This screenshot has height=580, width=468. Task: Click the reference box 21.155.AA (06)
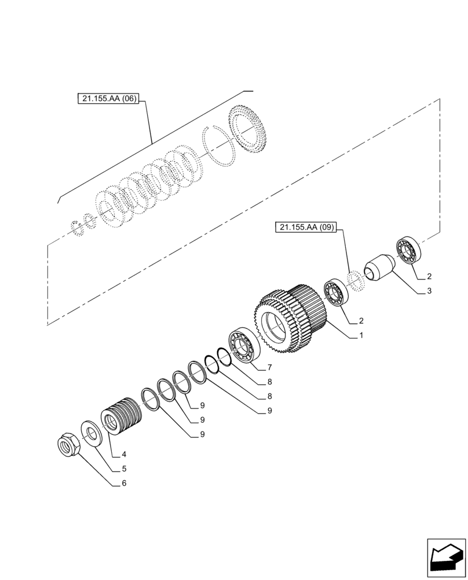click(108, 99)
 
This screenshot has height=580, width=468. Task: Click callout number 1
click(361, 335)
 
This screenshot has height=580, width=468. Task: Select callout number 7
click(269, 368)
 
